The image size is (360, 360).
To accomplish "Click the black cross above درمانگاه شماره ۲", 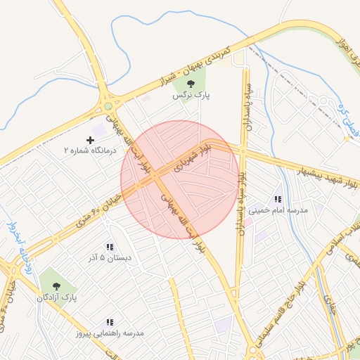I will tap(90, 141).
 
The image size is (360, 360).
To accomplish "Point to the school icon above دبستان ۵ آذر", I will tap(109, 247).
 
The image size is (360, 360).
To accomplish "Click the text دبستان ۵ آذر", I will tap(109, 257).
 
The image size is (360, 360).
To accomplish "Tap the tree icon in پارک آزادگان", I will tap(56, 286).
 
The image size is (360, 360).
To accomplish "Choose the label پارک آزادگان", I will tap(57, 298).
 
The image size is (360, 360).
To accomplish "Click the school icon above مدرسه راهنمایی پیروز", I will tap(109, 322).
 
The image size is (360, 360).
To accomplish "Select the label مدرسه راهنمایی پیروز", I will tap(109, 333).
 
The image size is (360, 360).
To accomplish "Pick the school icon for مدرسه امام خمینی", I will tap(278, 200).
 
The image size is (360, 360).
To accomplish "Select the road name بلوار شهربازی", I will tap(193, 158).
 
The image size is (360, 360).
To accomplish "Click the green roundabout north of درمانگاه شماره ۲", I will tap(108, 107).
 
